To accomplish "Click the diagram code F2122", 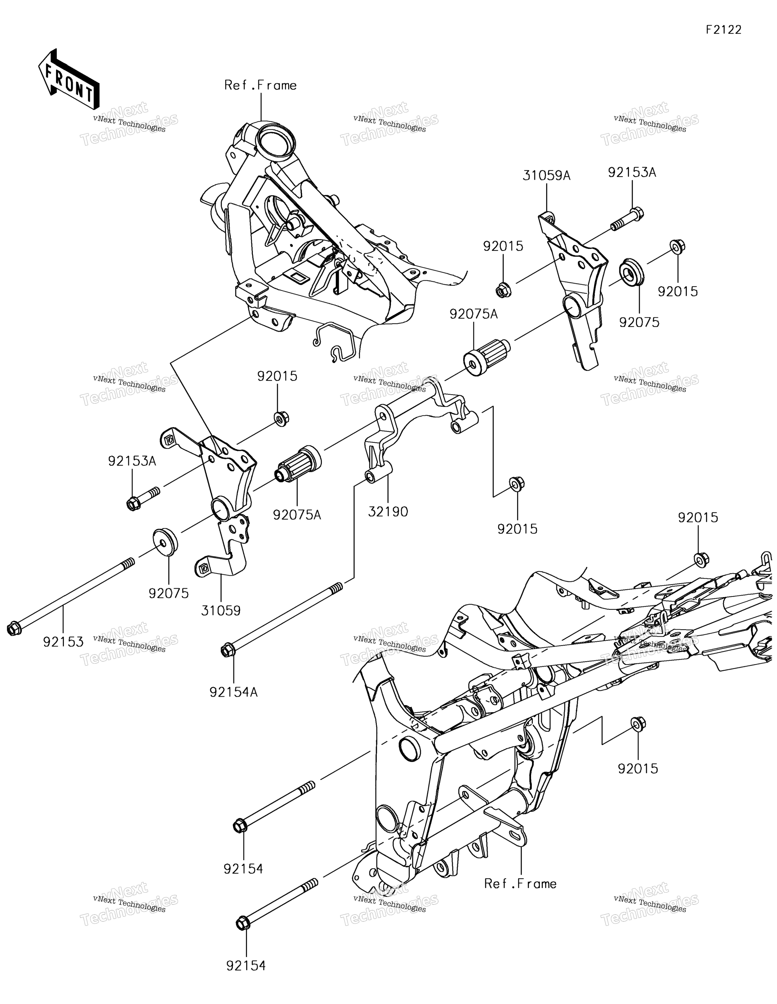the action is (724, 30).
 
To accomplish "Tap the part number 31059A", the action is (546, 176).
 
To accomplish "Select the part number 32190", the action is (388, 512).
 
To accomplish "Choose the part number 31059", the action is (221, 611).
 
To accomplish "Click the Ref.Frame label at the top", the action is (260, 86).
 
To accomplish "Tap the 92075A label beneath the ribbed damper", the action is (297, 515).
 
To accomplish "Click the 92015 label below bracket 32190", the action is (517, 529).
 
